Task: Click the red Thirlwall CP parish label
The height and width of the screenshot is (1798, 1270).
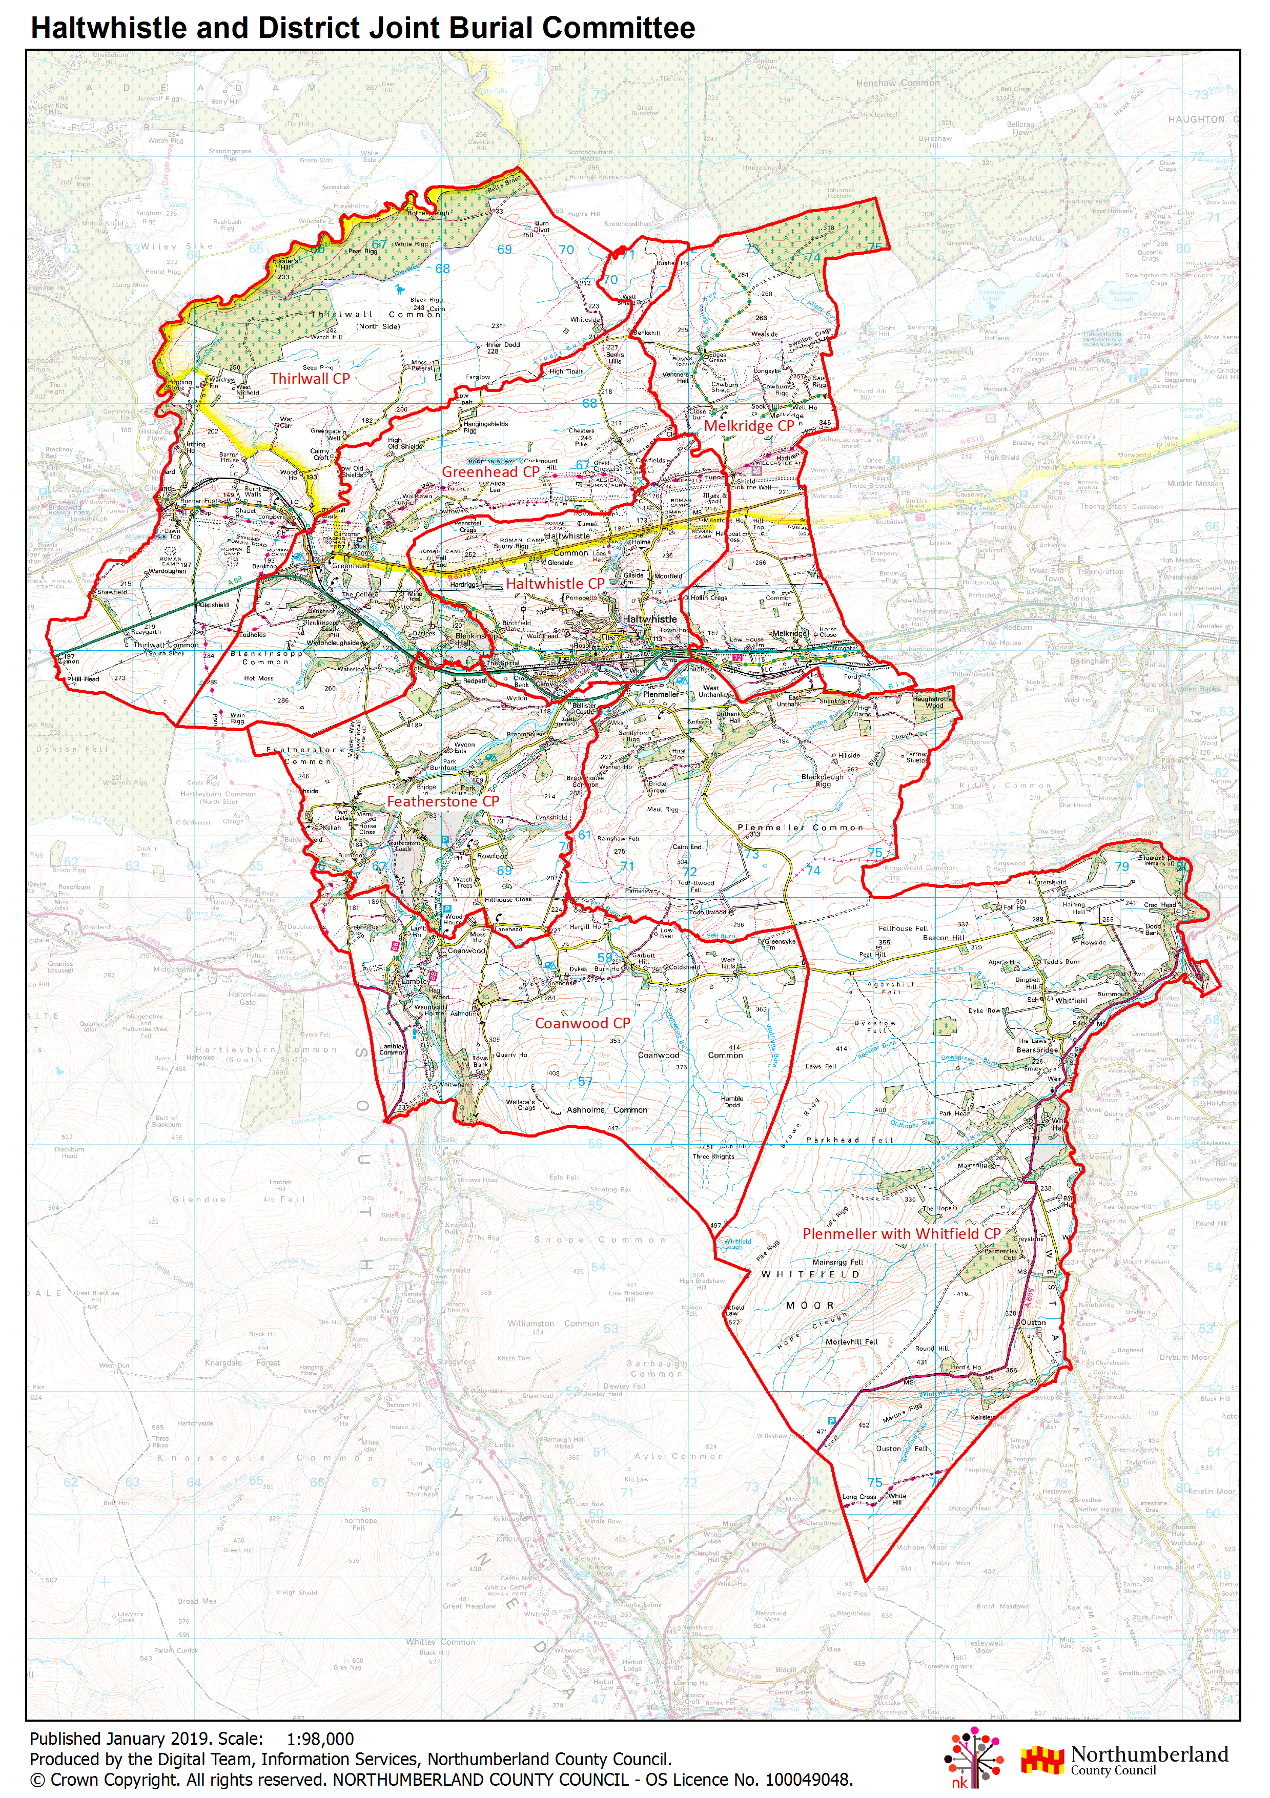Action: [310, 378]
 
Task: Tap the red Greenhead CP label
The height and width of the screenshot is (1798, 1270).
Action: [490, 472]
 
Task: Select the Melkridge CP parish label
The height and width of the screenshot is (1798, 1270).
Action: [749, 426]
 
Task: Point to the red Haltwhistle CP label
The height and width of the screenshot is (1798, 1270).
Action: [555, 584]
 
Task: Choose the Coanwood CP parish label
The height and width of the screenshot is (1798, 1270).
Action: [582, 1024]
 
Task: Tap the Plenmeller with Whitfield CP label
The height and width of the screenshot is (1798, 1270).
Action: [901, 1233]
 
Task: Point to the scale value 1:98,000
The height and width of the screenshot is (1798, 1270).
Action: [320, 1739]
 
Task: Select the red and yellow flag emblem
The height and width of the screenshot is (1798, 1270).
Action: [1042, 1760]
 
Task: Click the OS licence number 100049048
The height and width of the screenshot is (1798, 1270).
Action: [809, 1779]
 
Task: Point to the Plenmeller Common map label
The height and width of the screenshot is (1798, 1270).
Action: [800, 828]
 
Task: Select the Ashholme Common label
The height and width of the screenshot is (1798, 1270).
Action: [607, 1110]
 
